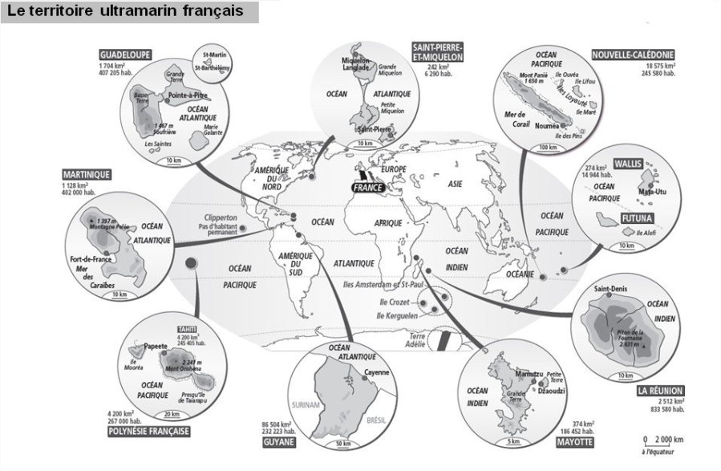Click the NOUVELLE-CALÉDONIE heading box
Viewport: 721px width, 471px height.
tap(634, 55)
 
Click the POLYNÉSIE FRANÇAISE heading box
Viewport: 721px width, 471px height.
tap(148, 431)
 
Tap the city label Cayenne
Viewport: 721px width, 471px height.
tap(375, 373)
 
